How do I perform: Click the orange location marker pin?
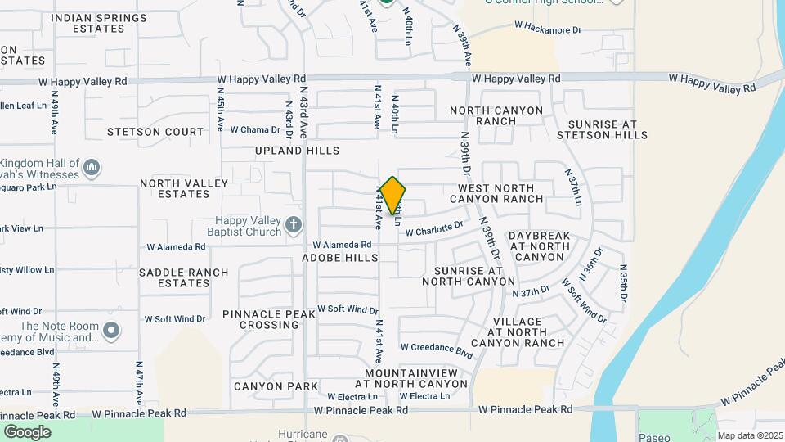point(393,195)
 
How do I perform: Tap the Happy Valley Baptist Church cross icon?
point(294,224)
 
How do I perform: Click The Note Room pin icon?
point(112,331)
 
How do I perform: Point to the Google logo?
point(27,432)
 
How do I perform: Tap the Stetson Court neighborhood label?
point(155,131)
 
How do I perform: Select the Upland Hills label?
point(297,151)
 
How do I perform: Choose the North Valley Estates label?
point(174,189)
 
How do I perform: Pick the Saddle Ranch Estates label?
point(174,277)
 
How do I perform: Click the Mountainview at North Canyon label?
point(416,378)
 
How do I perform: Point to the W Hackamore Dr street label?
point(547,29)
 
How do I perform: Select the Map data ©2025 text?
point(749,435)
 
